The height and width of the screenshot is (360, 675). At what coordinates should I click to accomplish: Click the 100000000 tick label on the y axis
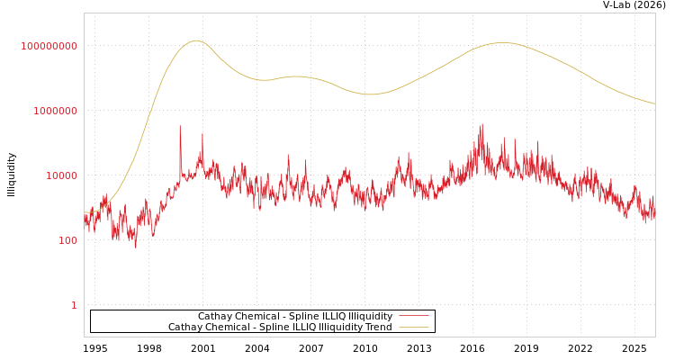click(49, 46)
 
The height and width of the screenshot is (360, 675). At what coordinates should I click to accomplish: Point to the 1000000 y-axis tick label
click(56, 111)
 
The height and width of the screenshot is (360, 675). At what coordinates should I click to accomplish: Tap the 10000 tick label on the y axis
click(62, 175)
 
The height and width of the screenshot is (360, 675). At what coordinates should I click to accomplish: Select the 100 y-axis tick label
click(68, 240)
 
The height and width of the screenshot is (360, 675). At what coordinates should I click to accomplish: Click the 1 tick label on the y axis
click(74, 305)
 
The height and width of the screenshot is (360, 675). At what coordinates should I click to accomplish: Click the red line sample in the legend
click(413, 317)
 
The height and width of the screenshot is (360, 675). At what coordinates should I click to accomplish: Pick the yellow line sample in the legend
click(413, 328)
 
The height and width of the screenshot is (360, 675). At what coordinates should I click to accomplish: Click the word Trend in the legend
click(378, 328)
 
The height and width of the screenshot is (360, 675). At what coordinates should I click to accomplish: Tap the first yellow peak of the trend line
click(196, 40)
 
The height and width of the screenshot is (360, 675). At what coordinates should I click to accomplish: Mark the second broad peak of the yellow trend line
click(501, 42)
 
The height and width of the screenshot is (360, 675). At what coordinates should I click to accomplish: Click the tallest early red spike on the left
click(180, 126)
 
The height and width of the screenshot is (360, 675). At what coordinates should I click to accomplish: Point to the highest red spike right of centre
click(482, 124)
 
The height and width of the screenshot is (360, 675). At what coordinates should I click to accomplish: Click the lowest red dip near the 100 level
click(136, 247)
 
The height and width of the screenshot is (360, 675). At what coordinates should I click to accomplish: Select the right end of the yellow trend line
click(654, 103)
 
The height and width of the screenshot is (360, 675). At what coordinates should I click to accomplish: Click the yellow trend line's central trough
click(370, 94)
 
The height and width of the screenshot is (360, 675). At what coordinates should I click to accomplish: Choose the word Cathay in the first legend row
click(215, 317)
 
